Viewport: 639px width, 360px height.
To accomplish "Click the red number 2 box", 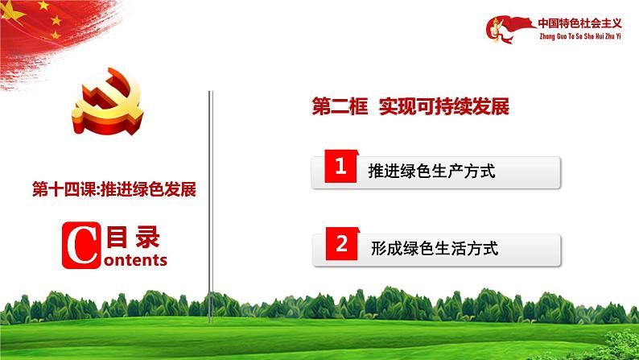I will coord(340,246).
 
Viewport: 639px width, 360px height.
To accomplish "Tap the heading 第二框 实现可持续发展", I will coord(410,108).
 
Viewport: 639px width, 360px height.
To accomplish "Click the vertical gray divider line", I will coord(211,201).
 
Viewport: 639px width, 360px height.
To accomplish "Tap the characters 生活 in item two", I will coord(455,249).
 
